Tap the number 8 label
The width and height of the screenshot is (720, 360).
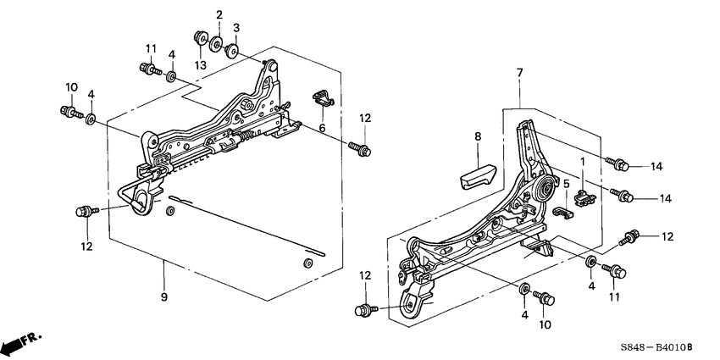click(478, 136)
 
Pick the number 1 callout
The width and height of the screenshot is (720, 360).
click(582, 161)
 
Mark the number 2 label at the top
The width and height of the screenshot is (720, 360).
click(219, 15)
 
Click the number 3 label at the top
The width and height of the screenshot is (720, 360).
click(236, 28)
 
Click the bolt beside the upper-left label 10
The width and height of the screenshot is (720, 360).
click(69, 110)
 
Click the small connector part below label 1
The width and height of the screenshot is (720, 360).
click(582, 197)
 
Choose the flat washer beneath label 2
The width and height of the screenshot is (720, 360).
click(218, 43)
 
